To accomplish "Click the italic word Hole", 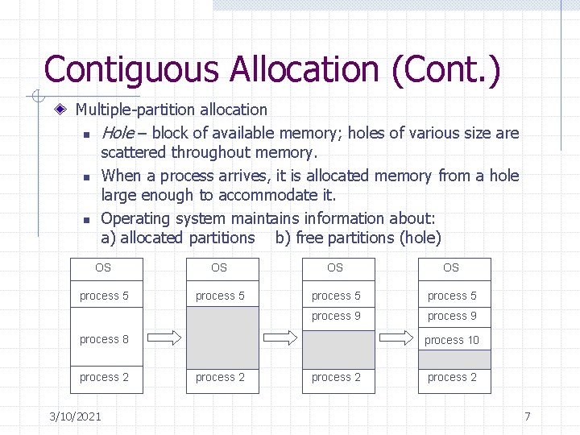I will point(118,133).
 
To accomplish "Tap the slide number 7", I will point(527,416).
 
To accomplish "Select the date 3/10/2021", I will point(75,416).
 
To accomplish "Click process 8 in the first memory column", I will point(104,339).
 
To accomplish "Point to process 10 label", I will point(452,340).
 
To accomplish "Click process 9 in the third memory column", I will point(336,316).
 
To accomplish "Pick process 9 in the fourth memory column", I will point(452,316).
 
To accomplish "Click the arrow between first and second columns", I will point(164,337).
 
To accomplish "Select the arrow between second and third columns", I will point(280,337).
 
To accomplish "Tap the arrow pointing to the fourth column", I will point(396,337).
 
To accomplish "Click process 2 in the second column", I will point(220,377).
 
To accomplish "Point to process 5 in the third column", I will point(336,296).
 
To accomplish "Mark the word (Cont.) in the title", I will point(445,69).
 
